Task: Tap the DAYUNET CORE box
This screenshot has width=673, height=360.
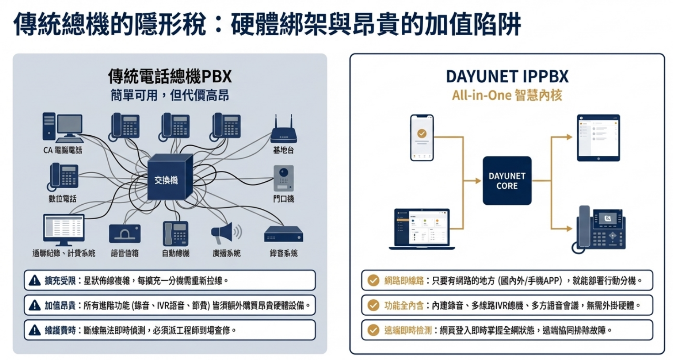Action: pos(507,180)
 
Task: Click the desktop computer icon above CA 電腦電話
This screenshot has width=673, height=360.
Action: pos(62,127)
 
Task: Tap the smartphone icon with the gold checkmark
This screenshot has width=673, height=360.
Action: pos(422,137)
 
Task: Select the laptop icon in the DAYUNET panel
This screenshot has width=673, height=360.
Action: pos(422,229)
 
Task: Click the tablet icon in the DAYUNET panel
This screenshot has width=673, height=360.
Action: pos(598,138)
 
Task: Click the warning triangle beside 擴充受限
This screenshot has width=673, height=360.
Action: pos(35,280)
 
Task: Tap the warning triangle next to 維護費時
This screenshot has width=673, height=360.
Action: pos(35,330)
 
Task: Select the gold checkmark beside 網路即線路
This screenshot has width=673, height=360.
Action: pos(373,280)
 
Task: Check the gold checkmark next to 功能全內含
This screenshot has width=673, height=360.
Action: pos(373,305)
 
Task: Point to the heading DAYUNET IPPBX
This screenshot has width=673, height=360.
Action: pos(507,77)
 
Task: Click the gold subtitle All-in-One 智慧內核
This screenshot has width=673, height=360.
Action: pos(507,95)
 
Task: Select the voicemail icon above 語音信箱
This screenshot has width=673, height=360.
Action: pos(125,233)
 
